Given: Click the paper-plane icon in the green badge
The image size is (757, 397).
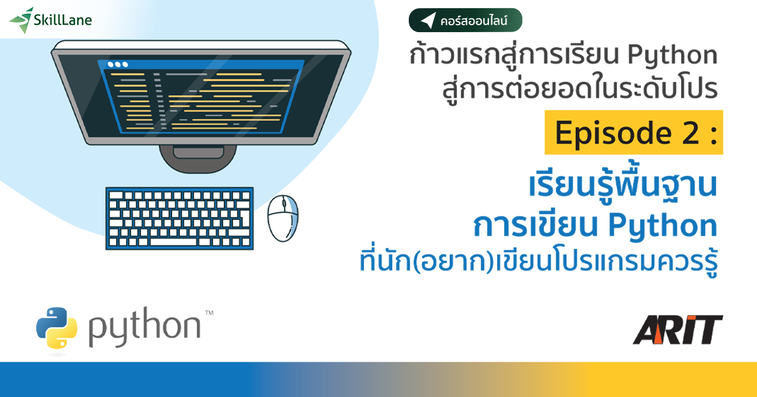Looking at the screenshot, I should [x=428, y=21].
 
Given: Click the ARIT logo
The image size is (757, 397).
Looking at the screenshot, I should [x=678, y=330].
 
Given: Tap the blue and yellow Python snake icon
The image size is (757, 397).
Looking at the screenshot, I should [x=57, y=328].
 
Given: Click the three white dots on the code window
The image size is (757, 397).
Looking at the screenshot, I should [x=117, y=64].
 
